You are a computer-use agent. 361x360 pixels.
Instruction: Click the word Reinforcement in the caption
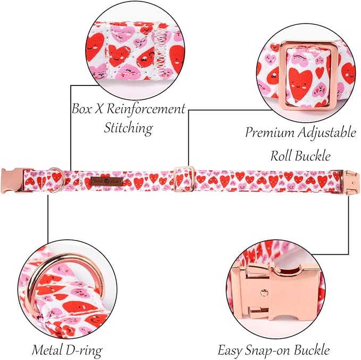pos(146,108)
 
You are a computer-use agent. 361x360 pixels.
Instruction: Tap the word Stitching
pos(129,127)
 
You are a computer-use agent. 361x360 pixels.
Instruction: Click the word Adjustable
pos(326,133)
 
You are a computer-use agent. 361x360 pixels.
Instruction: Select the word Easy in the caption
pos(230,350)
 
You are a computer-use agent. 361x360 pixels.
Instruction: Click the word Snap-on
pos(268,350)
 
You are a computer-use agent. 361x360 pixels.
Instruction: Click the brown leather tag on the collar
pos(106,182)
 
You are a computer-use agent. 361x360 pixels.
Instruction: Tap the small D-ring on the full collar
pos(56,180)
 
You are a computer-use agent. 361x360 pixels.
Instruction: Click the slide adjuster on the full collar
pos(184,179)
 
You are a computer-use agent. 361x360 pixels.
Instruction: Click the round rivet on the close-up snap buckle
pos(264,293)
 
